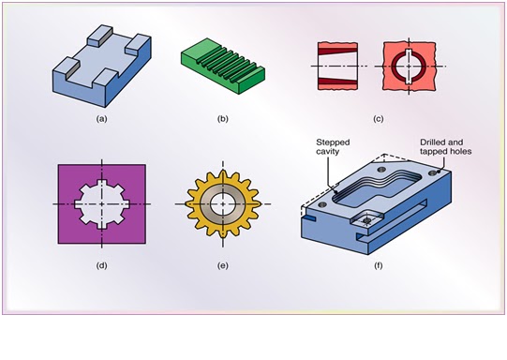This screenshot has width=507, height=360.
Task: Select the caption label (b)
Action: pyautogui.click(x=221, y=119)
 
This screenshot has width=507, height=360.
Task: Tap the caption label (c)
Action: pyautogui.click(x=378, y=119)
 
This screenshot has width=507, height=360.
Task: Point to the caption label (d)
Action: pyautogui.click(x=101, y=265)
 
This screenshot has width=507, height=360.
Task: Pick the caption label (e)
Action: pyautogui.click(x=222, y=265)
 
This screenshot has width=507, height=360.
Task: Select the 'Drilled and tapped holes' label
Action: pyautogui.click(x=445, y=148)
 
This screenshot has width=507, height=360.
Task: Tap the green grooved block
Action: pyautogui.click(x=222, y=69)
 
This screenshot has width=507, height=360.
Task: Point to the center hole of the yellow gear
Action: pyautogui.click(x=222, y=203)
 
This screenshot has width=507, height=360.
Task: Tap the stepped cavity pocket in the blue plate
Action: pyautogui.click(x=375, y=192)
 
